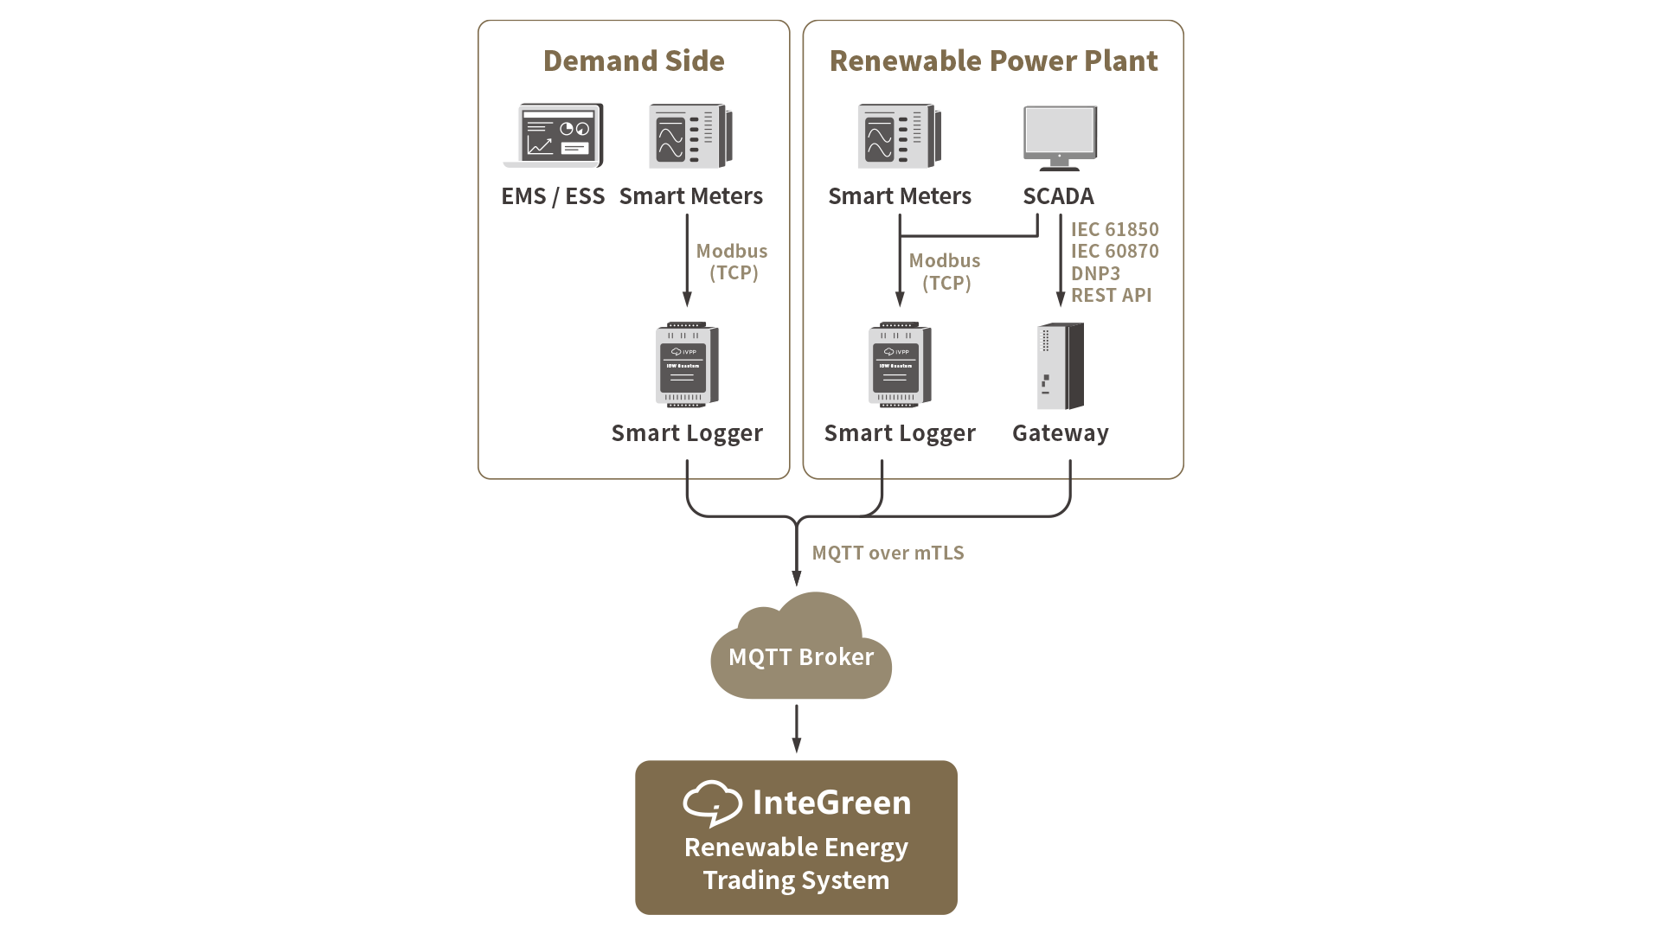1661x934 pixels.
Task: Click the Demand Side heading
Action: point(633,61)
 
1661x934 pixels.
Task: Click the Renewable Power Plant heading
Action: point(993,61)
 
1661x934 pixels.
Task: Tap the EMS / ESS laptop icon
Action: point(554,137)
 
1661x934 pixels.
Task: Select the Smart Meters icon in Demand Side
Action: point(691,137)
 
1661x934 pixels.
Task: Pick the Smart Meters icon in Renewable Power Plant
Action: point(900,137)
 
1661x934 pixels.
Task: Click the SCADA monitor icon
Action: point(1061,138)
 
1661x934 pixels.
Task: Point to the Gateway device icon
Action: point(1061,367)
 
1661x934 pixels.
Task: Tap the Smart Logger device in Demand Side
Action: point(688,366)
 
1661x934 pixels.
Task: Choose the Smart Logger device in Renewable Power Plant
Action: point(900,366)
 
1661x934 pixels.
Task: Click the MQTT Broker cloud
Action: point(801,649)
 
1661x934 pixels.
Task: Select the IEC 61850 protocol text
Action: point(1114,229)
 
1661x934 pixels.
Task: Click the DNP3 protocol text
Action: point(1095,273)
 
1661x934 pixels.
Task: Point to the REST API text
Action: point(1111,296)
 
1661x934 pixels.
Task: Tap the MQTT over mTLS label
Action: point(888,553)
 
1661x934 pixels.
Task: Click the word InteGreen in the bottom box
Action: point(831,803)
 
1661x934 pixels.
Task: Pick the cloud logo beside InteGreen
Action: point(712,803)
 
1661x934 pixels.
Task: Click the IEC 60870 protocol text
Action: point(1114,252)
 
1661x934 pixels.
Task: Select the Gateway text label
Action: point(1061,433)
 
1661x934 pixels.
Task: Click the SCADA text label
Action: point(1058,196)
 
